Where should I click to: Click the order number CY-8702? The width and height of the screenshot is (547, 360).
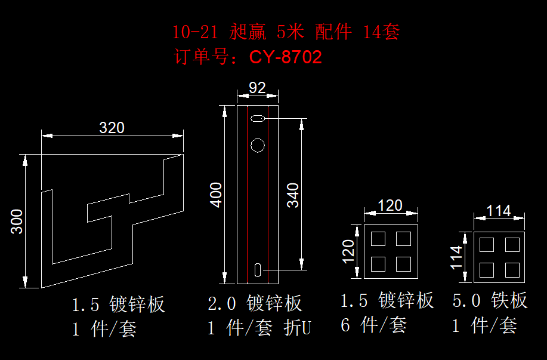click(x=286, y=57)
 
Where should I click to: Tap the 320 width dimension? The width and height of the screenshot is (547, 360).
click(x=112, y=127)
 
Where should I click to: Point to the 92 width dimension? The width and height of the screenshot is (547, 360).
click(x=257, y=88)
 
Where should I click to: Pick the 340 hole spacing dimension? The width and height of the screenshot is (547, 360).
click(x=293, y=195)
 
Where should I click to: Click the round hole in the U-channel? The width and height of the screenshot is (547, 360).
click(x=258, y=145)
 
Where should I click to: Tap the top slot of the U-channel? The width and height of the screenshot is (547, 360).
click(x=258, y=120)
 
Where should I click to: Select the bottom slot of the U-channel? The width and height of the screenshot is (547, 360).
click(x=258, y=270)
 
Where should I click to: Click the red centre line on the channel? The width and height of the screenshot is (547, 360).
click(x=246, y=197)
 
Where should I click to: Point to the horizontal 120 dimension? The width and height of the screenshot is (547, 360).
click(x=391, y=205)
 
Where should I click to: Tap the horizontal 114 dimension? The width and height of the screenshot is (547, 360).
click(x=499, y=210)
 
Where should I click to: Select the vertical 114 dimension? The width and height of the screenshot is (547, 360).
click(x=457, y=257)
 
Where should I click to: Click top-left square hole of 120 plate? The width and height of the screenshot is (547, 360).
click(x=379, y=239)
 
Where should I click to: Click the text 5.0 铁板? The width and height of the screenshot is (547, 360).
click(x=490, y=300)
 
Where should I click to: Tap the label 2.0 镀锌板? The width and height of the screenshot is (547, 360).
click(x=255, y=303)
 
